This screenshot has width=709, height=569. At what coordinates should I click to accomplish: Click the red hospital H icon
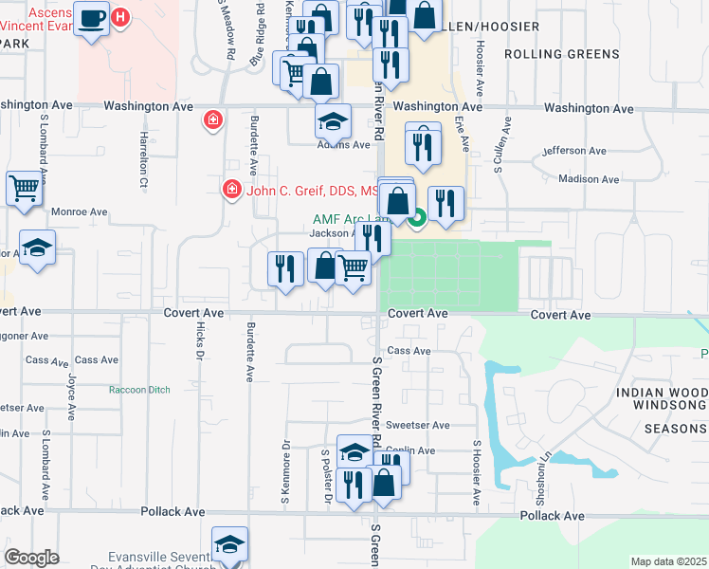tap(120, 17)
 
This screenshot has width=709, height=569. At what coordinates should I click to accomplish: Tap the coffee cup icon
tap(92, 20)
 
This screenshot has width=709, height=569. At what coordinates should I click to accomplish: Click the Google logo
tap(32, 558)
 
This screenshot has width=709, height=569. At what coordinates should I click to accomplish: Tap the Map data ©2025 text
tap(668, 561)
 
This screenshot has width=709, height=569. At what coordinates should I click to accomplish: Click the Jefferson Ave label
tap(573, 151)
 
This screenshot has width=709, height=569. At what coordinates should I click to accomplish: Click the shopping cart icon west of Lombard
tap(26, 187)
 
